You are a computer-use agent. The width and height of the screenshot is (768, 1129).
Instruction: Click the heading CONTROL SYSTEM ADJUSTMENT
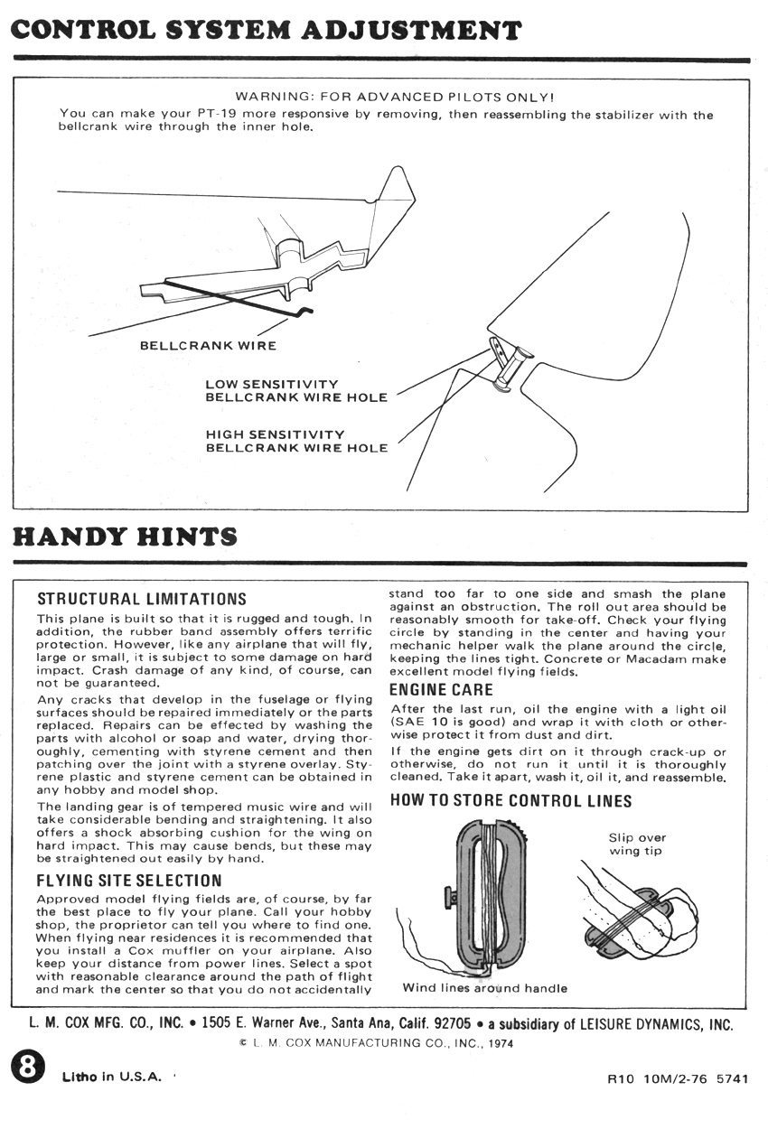[x=266, y=30]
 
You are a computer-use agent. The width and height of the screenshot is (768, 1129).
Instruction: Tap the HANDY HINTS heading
[x=125, y=537]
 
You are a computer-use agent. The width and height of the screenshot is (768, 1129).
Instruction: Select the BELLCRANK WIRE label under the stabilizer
[x=208, y=345]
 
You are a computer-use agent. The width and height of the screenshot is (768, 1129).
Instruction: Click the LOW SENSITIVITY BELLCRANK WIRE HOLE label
[x=296, y=391]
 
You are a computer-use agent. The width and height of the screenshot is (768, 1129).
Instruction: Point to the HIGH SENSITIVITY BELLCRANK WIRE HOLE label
[x=296, y=441]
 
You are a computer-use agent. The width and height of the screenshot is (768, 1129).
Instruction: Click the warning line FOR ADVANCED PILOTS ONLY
[x=394, y=96]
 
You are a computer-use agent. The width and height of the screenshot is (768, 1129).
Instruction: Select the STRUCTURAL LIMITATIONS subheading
[x=141, y=599]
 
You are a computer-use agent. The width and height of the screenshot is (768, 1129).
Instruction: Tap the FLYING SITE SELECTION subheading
[x=128, y=880]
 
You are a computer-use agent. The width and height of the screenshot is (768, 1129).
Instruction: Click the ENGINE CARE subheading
[x=442, y=690]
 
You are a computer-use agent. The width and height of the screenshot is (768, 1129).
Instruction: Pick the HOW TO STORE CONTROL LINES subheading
[x=510, y=800]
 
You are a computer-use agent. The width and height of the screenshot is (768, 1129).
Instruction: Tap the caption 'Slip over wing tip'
[x=637, y=844]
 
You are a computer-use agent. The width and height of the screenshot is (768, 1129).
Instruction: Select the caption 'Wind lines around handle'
[x=485, y=987]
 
